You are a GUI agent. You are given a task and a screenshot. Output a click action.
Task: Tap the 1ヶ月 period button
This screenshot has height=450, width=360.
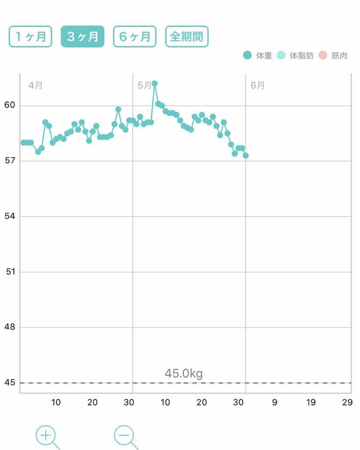coord(30,37)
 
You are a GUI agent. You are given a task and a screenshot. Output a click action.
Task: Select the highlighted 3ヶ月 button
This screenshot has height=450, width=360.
coord(83,37)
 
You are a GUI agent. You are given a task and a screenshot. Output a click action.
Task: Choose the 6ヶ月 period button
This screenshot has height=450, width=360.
coord(135,37)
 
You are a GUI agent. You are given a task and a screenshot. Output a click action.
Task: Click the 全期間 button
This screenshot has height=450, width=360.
coord(187,37)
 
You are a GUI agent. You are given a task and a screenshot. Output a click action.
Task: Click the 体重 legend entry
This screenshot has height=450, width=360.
coord(258,56)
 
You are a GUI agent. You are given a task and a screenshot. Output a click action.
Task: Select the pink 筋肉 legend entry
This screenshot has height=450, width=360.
coord(333,56)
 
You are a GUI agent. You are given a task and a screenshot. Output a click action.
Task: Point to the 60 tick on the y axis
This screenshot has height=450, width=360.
coord(10,105)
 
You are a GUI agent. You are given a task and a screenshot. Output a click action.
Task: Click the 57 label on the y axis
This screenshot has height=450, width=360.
coord(10,161)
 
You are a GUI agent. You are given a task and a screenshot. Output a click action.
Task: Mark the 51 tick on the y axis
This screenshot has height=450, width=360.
coord(11,272)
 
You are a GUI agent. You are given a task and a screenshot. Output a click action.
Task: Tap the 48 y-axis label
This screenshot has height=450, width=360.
coord(10,327)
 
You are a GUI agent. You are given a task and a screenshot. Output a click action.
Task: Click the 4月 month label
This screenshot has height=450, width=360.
coord(35,85)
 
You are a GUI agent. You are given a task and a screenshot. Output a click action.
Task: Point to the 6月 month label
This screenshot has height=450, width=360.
coord(257,85)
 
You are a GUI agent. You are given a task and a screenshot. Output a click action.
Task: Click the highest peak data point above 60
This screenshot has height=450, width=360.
coord(155,83)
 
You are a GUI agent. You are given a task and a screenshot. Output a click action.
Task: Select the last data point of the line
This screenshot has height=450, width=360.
coord(246,155)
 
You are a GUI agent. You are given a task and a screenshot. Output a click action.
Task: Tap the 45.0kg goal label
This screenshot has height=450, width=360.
coord(184,373)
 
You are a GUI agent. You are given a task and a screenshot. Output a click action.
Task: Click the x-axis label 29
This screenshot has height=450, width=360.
coord(347,402)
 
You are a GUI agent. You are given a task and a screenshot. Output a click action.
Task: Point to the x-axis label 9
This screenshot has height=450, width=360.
coord(275,402)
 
